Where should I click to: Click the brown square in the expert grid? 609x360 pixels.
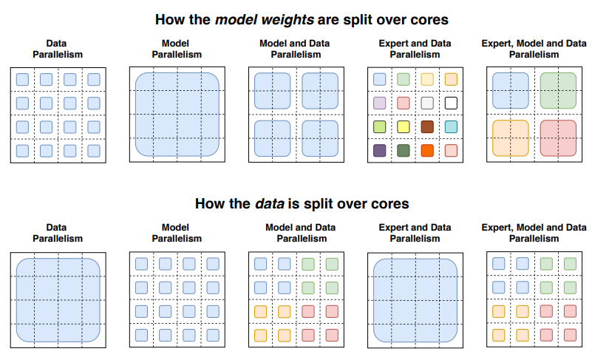click(427, 127)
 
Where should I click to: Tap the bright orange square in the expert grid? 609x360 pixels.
click(427, 151)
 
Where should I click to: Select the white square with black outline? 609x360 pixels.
click(451, 103)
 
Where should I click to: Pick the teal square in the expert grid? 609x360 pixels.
click(451, 127)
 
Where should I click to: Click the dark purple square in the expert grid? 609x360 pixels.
click(380, 151)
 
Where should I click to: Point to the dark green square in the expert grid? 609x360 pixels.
click(404, 151)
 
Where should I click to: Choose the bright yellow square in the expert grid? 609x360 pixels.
click(404, 127)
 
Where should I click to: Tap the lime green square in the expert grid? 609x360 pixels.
click(380, 127)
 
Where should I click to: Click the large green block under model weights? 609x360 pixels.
click(558, 91)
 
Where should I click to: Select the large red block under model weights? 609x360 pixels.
click(558, 138)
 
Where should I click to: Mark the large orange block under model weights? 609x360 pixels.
click(511, 138)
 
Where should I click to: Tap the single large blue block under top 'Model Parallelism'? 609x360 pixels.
click(177, 115)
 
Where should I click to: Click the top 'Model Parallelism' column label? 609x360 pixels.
click(177, 49)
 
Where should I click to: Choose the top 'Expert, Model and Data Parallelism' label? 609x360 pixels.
click(534, 49)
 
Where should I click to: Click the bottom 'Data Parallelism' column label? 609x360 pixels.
click(58, 233)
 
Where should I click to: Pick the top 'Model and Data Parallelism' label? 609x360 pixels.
click(296, 49)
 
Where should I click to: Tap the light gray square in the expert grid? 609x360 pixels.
click(427, 103)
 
